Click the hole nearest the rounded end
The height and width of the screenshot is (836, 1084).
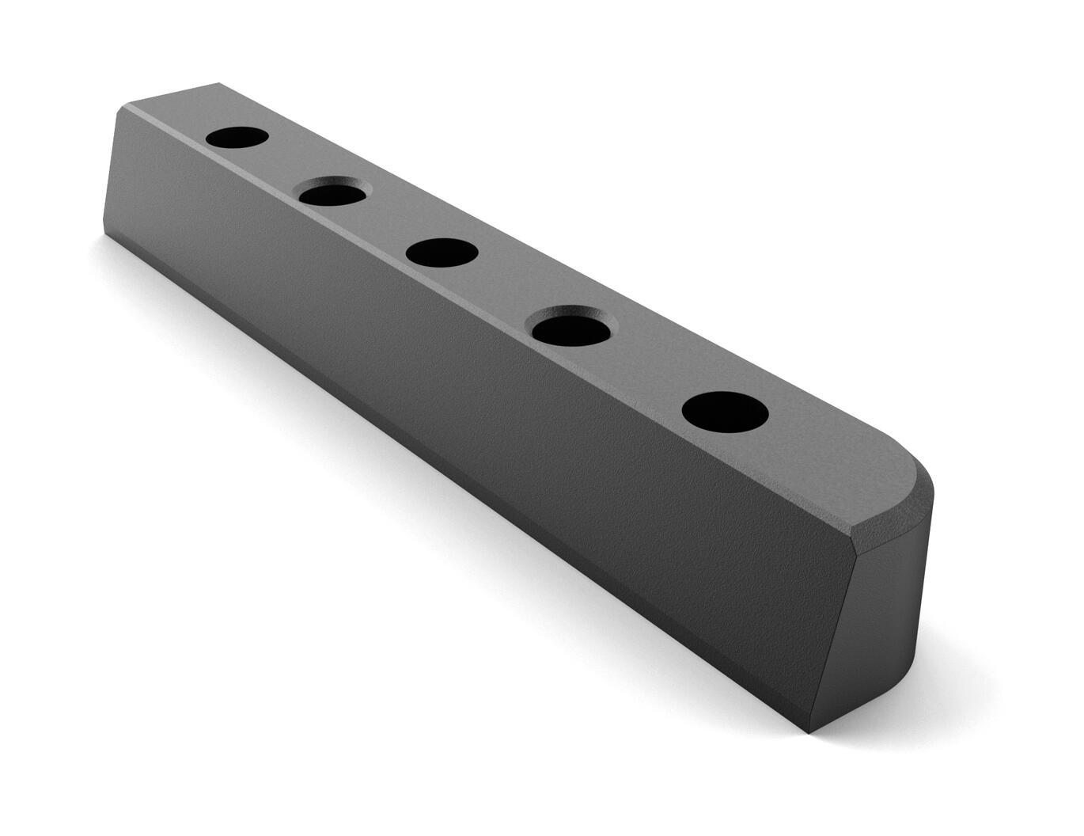(x=725, y=412)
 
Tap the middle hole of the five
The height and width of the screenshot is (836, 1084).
(x=442, y=253)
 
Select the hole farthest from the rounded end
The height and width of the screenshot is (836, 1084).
(x=237, y=137)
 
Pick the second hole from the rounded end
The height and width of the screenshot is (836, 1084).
(x=572, y=325)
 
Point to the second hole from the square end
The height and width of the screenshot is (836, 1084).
(x=332, y=192)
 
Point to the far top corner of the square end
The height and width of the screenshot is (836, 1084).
(x=218, y=83)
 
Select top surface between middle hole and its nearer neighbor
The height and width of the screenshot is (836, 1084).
(x=506, y=289)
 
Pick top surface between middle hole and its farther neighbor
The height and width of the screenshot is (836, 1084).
(x=386, y=222)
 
